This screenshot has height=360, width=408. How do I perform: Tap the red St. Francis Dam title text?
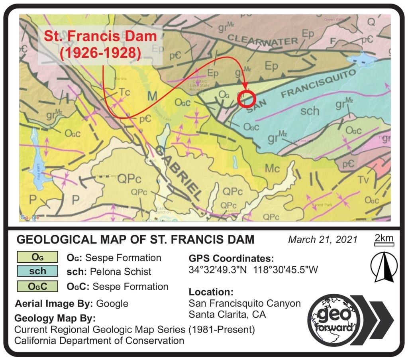(100, 44)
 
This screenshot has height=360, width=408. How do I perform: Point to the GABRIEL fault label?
(178, 173)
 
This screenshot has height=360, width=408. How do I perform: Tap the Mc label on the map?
(273, 168)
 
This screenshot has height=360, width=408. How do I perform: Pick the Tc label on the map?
(124, 92)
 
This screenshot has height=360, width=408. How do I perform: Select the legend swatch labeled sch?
(37, 271)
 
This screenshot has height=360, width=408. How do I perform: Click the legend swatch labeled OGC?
(37, 286)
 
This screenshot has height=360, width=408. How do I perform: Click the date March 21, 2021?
(323, 240)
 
